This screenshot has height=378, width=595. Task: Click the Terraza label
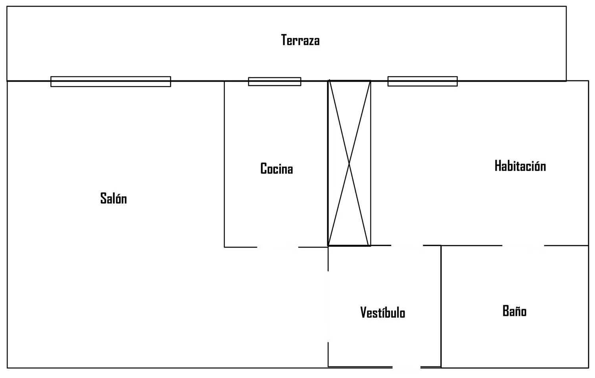[x=300, y=40]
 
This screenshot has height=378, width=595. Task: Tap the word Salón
[x=113, y=198]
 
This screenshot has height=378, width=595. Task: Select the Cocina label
[x=276, y=169]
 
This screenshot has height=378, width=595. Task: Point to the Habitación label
[x=520, y=166]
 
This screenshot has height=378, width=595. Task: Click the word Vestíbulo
[x=382, y=313]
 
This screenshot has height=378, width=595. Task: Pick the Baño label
[x=514, y=311]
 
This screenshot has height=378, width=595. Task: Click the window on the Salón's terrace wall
[x=111, y=81]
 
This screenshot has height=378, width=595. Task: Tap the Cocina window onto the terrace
[x=274, y=81]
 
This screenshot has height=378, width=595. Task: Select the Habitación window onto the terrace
[x=422, y=81]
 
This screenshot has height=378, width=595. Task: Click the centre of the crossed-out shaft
[x=349, y=163]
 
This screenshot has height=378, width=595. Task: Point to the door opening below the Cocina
[x=278, y=247]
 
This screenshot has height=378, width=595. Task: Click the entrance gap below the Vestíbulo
[x=406, y=367]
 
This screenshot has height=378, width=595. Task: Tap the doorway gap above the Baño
[x=523, y=246]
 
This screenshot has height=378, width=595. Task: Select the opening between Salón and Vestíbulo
[x=328, y=306]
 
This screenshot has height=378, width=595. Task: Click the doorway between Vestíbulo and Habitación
[x=407, y=246]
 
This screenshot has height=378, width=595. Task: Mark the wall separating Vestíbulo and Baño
[x=441, y=306]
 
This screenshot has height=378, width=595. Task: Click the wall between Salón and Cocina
[x=225, y=164]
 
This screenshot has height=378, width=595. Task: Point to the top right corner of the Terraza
[x=566, y=7]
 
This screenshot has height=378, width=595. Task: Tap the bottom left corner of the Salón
[x=7, y=368]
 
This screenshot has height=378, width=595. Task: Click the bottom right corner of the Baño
[x=588, y=368]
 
